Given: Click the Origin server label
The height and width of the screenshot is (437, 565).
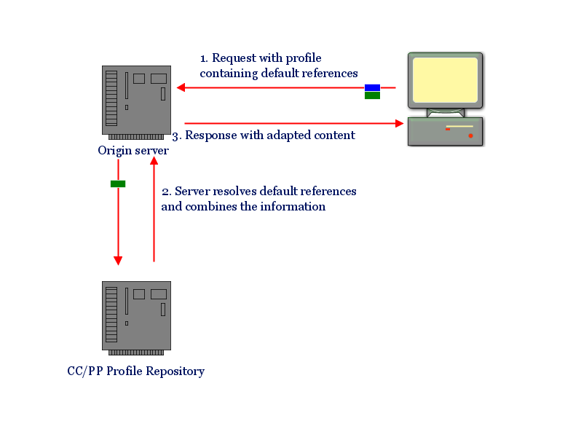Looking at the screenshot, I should click(x=133, y=151).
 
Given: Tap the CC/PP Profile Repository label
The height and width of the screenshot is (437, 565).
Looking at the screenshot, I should click(x=135, y=371).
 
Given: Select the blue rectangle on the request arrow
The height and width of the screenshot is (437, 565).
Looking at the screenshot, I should click(x=372, y=87).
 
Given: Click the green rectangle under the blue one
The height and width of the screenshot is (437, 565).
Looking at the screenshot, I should click(x=372, y=95).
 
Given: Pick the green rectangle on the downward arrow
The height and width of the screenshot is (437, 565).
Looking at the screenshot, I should click(x=118, y=184).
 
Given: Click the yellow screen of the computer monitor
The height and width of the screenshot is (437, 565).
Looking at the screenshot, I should click(x=445, y=79).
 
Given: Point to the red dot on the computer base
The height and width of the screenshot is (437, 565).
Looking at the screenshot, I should click(x=470, y=135).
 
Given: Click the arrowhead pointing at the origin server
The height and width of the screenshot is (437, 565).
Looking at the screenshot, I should click(x=181, y=88).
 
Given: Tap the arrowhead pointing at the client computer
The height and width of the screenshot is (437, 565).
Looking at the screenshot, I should click(x=399, y=124).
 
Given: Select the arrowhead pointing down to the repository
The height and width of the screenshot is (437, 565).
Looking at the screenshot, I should click(x=118, y=261).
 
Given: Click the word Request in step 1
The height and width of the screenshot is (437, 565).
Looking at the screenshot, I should click(x=234, y=58).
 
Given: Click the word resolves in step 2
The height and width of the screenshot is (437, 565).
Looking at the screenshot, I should click(x=233, y=191).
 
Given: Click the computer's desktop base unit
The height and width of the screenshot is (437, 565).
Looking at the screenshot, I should click(x=446, y=131).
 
